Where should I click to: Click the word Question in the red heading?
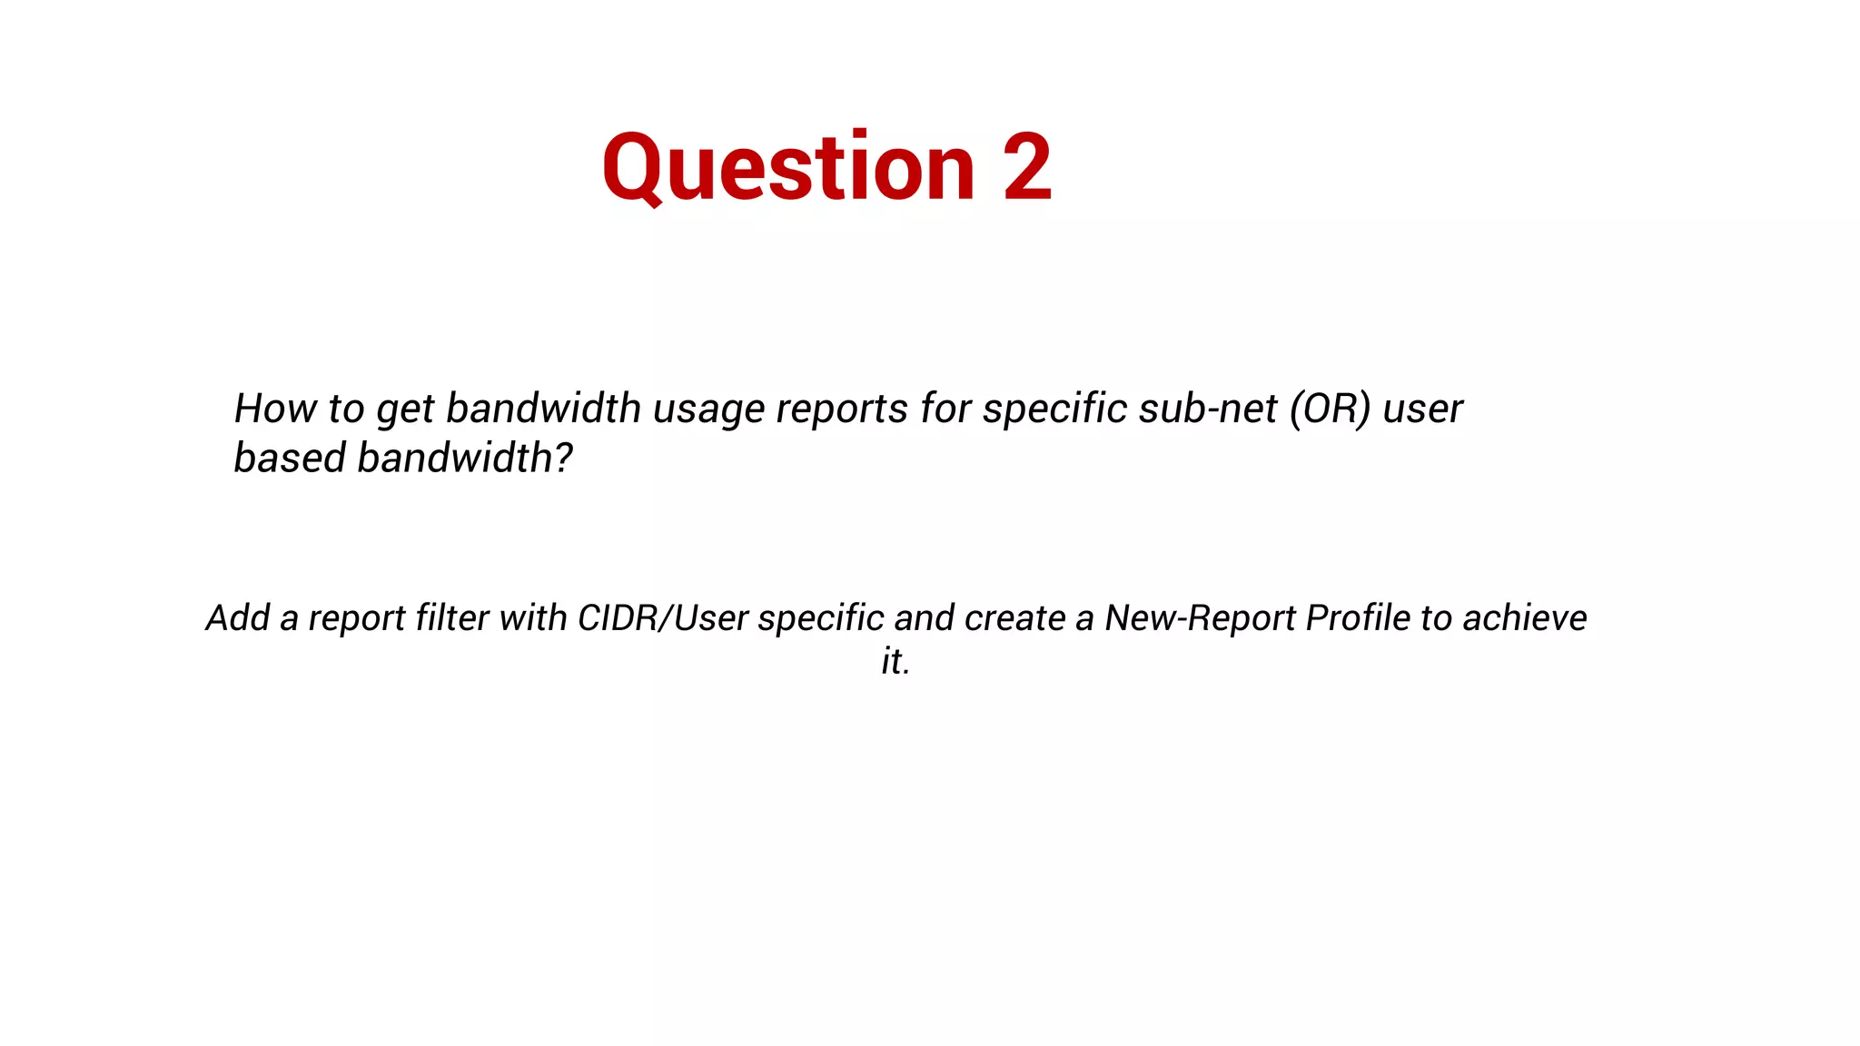pos(788,169)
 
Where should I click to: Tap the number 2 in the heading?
pos(1027,167)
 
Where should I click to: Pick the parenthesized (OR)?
pos(1330,409)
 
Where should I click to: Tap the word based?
pos(290,458)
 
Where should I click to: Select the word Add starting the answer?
pos(237,618)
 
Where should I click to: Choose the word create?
pos(1014,618)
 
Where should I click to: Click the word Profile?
pos(1358,618)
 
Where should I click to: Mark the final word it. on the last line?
pos(895,661)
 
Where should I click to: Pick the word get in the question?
pos(405,410)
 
